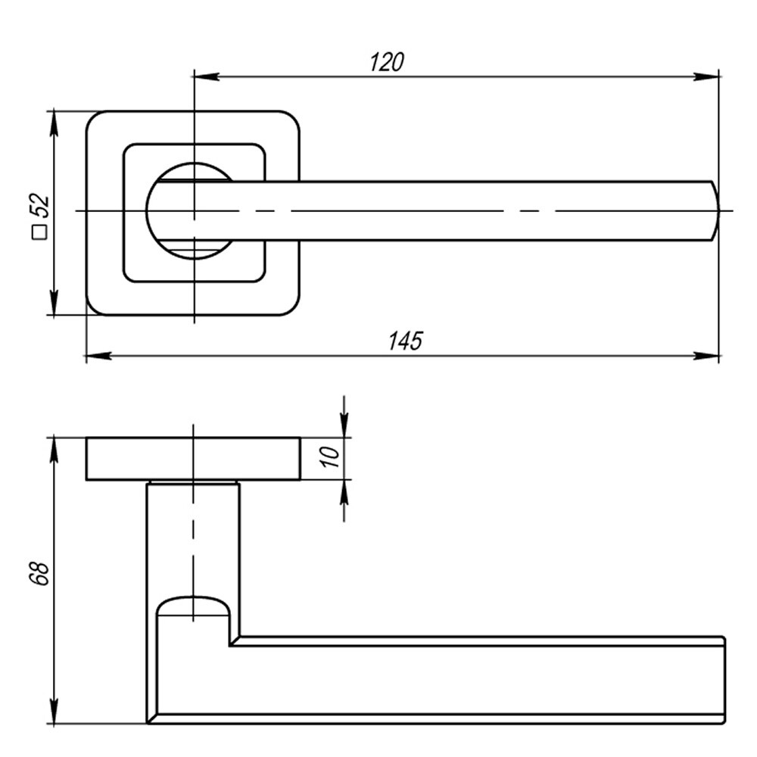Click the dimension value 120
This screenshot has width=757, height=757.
(387, 62)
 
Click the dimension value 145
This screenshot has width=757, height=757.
(405, 341)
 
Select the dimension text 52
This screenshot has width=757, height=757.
(39, 205)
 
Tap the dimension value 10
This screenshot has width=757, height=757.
(331, 456)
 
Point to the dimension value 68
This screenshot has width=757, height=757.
(39, 573)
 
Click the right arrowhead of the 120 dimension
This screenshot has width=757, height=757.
(707, 76)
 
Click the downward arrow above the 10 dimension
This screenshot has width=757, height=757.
(344, 424)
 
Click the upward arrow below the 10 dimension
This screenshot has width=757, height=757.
(344, 494)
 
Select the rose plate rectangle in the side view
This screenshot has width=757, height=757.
(193, 459)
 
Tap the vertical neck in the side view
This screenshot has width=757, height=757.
(193, 537)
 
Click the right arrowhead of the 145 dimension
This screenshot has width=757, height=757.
(707, 355)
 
